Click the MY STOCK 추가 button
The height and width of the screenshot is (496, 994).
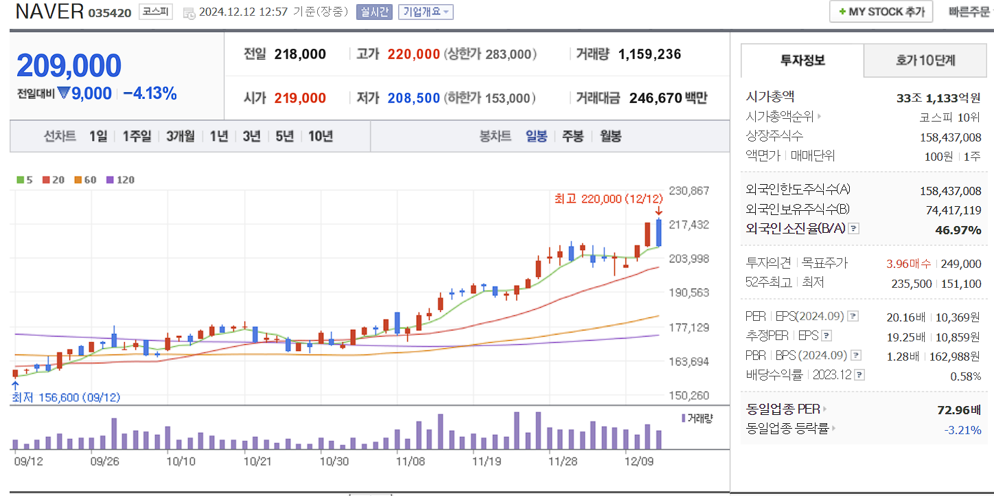[x=881, y=12]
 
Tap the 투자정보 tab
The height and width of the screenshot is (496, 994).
[x=802, y=60]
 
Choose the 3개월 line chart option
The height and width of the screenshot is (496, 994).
[x=181, y=136]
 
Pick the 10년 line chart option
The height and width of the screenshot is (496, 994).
[x=321, y=136]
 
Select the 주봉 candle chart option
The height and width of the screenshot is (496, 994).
[x=573, y=136]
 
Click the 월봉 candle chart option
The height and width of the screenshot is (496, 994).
[x=610, y=136]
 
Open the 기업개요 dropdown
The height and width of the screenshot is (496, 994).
[x=426, y=12]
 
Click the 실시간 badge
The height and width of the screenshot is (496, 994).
[x=374, y=12]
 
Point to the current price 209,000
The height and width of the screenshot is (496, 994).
[x=69, y=66]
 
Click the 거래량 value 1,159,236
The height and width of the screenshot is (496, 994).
[x=649, y=54]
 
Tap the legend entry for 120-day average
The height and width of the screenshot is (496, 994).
[x=121, y=180]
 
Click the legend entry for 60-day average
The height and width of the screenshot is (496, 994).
[x=86, y=180]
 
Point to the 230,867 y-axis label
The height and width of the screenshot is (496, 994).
[x=689, y=191]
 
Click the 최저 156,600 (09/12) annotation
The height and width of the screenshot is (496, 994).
[x=66, y=398]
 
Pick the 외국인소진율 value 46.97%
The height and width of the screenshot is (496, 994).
[x=958, y=230]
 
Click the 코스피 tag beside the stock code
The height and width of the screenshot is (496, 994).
[x=156, y=12]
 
